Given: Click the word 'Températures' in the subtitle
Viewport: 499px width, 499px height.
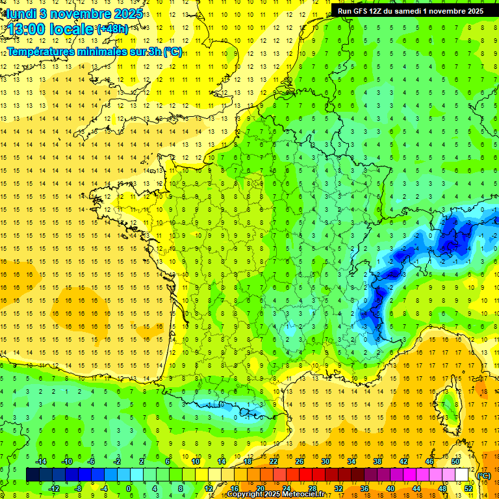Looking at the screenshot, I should (43, 51).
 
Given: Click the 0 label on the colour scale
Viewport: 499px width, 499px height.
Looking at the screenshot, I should (129, 489).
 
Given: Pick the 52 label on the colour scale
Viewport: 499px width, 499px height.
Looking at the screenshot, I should (468, 489).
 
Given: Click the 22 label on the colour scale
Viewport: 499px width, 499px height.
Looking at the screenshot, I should (274, 461).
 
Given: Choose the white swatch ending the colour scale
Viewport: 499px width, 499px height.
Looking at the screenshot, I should (462, 475).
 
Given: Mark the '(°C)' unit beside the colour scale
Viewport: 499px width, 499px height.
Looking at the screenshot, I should (484, 475).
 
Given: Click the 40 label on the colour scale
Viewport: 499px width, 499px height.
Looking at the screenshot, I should (390, 489).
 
